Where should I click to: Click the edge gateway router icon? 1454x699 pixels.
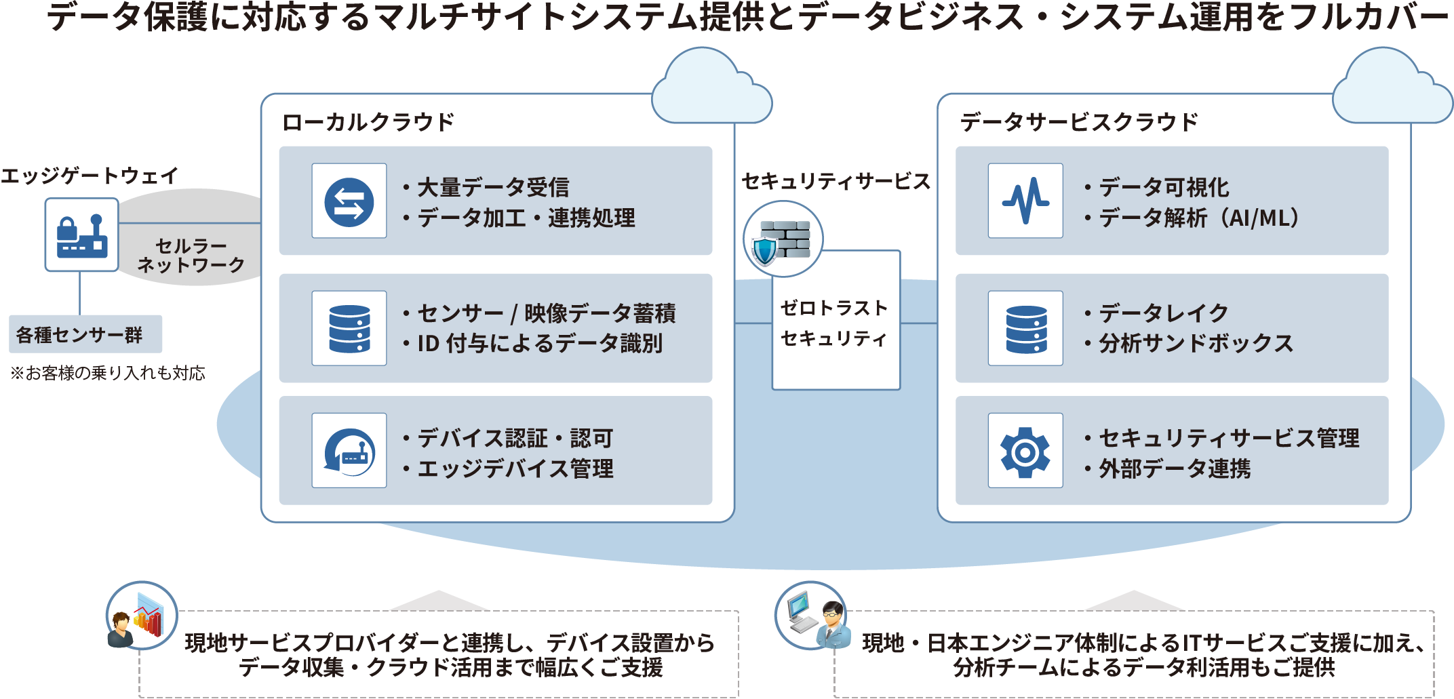[82, 235]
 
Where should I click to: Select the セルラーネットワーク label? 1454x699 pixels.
[191, 256]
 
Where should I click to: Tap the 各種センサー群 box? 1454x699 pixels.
[85, 334]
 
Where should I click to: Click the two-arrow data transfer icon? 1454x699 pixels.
[349, 201]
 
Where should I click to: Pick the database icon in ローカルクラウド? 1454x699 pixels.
[349, 329]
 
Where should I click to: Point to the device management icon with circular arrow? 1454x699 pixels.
[349, 451]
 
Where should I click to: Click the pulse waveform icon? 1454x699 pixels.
[1025, 201]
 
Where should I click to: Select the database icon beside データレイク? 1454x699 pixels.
[1025, 329]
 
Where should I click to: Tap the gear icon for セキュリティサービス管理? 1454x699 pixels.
[1025, 451]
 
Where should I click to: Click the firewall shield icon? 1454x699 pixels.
[783, 239]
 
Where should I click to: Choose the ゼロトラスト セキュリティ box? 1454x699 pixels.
[836, 323]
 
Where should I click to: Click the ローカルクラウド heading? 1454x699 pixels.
[368, 122]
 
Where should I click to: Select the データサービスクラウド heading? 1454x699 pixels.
[1079, 122]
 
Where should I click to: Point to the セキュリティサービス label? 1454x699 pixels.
[836, 181]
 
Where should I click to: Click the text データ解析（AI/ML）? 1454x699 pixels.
[1199, 218]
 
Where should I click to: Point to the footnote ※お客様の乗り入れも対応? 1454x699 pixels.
[108, 374]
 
